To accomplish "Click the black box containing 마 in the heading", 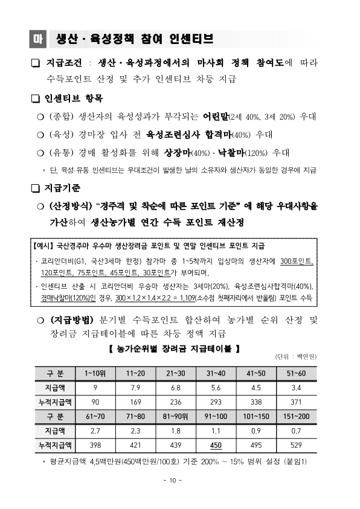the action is click(37, 39).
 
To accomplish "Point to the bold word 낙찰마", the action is click(225, 152).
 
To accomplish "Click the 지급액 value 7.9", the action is click(135, 387).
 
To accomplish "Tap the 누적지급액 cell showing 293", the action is click(216, 402).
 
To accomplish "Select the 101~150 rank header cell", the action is click(256, 417).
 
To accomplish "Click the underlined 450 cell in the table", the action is click(216, 446).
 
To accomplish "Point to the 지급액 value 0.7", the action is click(297, 431).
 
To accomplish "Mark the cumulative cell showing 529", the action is click(297, 446).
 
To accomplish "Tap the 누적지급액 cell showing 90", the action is click(95, 402).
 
